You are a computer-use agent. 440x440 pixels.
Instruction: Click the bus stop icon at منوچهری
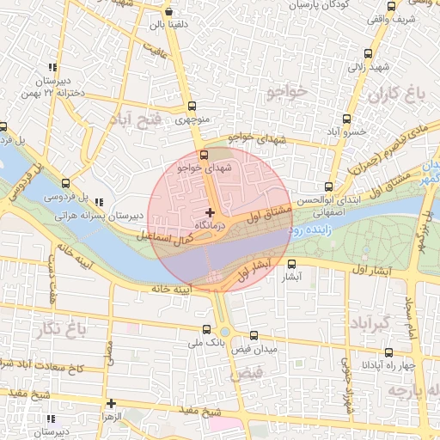click(192, 107)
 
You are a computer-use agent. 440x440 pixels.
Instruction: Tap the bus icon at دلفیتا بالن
click(168, 12)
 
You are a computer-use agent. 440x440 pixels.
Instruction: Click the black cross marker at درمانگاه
click(210, 211)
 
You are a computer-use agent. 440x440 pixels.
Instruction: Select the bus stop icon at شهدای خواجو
click(204, 156)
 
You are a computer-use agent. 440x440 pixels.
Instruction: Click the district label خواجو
click(286, 90)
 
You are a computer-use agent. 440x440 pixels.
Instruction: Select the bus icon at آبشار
click(291, 265)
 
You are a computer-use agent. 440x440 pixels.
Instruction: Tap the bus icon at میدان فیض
click(254, 336)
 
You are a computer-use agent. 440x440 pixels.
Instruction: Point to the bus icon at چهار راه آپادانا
click(388, 351)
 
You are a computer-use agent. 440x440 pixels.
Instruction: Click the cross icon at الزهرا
click(111, 402)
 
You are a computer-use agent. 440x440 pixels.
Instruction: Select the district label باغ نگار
click(64, 327)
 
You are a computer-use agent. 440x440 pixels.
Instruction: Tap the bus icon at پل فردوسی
click(66, 183)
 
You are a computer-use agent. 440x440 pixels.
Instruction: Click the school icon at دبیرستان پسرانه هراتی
click(99, 203)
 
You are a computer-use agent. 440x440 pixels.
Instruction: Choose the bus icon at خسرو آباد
click(346, 119)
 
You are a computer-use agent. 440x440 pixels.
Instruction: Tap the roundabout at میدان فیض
click(225, 332)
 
